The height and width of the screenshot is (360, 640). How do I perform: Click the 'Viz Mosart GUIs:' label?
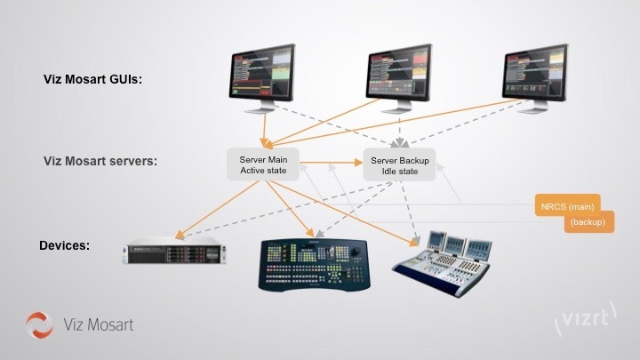click(x=92, y=80)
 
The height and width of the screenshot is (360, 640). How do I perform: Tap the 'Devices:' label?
click(x=65, y=244)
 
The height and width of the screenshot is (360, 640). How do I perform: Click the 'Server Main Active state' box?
click(x=263, y=164)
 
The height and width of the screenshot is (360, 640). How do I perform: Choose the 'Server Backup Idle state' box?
click(x=399, y=165)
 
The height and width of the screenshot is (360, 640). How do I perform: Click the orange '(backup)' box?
click(x=589, y=221)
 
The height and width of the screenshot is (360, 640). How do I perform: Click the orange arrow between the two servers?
click(x=332, y=164)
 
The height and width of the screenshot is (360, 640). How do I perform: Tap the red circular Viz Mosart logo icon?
click(x=40, y=325)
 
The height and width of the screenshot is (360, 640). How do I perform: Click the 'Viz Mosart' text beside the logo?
click(x=99, y=325)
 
